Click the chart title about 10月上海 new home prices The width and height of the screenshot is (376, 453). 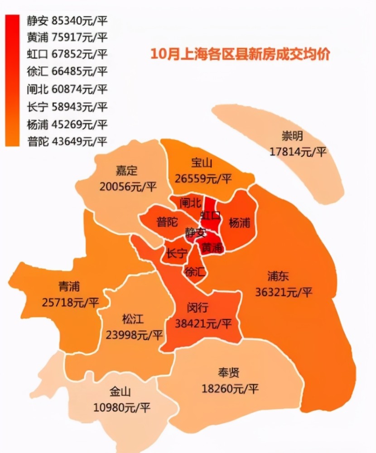tap(240, 54)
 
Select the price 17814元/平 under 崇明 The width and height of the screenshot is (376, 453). tap(298, 152)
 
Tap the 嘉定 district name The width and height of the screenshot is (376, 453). tap(126, 171)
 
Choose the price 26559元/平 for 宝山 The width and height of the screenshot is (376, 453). tap(202, 178)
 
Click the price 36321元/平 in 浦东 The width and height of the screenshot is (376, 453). tap(284, 292)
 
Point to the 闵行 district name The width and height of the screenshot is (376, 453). tap(197, 308)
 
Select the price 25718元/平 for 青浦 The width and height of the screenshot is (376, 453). tap(70, 302)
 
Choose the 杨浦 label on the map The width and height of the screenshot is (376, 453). tap(240, 222)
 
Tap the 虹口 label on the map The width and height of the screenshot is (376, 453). tap(210, 215)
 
